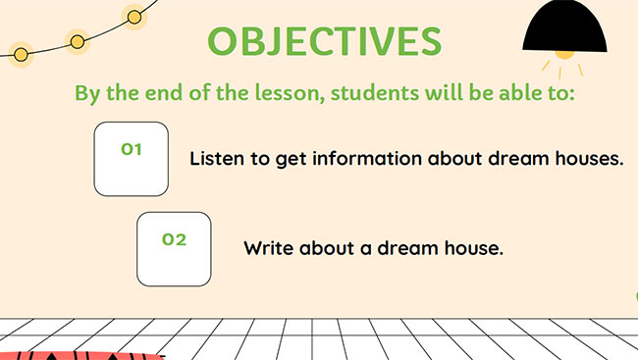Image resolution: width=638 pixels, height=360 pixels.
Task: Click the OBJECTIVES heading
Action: (x=325, y=41)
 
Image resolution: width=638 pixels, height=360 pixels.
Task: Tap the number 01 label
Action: (x=132, y=149)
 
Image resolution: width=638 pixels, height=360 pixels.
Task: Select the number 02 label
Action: (x=174, y=239)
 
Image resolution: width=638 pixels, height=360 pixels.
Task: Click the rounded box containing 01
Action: (x=131, y=159)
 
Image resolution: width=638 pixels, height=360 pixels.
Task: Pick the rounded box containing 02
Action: (x=174, y=249)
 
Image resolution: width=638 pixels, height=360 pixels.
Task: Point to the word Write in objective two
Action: (x=268, y=248)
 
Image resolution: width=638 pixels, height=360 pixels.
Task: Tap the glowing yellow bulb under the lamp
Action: (x=564, y=54)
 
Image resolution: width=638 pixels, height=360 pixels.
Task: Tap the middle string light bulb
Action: (x=77, y=41)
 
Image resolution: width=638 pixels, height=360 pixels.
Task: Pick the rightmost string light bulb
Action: (x=134, y=16)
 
